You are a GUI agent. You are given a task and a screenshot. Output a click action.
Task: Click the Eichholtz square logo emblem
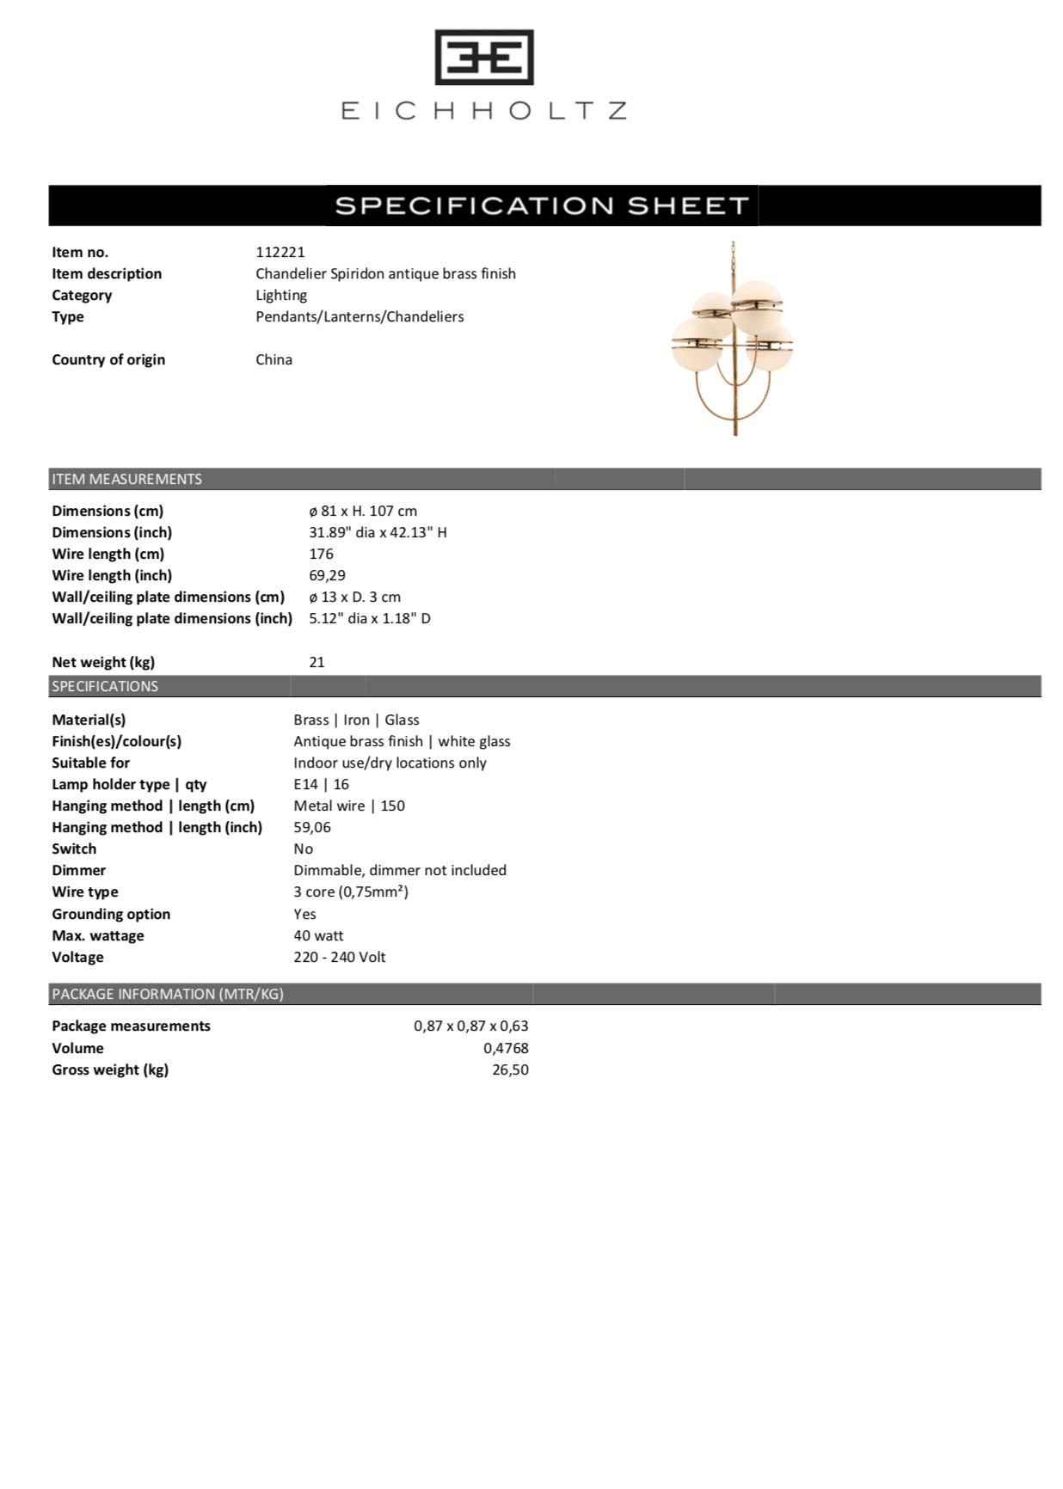(x=484, y=58)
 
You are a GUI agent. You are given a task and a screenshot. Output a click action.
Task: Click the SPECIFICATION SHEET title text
(x=542, y=206)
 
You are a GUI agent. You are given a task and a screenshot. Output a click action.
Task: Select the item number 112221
(x=280, y=252)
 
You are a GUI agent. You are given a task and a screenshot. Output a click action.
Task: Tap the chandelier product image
(x=733, y=339)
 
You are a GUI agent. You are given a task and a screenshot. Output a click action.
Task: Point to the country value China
(x=273, y=359)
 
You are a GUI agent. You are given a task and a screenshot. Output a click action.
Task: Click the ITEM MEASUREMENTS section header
(x=127, y=479)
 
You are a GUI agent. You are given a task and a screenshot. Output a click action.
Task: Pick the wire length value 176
(x=321, y=554)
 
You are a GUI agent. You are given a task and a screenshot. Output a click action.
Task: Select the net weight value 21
(x=316, y=662)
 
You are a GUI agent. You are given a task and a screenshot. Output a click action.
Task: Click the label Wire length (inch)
(x=112, y=575)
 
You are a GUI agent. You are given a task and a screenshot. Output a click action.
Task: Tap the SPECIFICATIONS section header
(x=105, y=686)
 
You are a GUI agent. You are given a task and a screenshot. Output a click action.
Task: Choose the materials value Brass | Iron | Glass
(x=356, y=720)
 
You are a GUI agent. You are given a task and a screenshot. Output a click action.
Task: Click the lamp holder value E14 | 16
(x=321, y=784)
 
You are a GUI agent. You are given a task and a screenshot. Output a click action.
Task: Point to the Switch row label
(x=74, y=849)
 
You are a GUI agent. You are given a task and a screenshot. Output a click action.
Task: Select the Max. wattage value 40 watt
(x=318, y=935)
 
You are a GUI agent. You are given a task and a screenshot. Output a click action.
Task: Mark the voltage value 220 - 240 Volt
(x=339, y=957)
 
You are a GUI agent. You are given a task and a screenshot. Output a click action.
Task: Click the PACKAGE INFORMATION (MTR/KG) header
(x=168, y=994)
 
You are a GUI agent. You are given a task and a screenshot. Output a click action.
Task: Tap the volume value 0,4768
(x=506, y=1048)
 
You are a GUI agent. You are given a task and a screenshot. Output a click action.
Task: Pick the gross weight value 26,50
(x=510, y=1069)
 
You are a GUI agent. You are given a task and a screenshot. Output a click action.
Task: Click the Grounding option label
(x=111, y=914)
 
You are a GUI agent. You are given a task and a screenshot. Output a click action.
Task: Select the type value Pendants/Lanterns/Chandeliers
(x=359, y=316)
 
